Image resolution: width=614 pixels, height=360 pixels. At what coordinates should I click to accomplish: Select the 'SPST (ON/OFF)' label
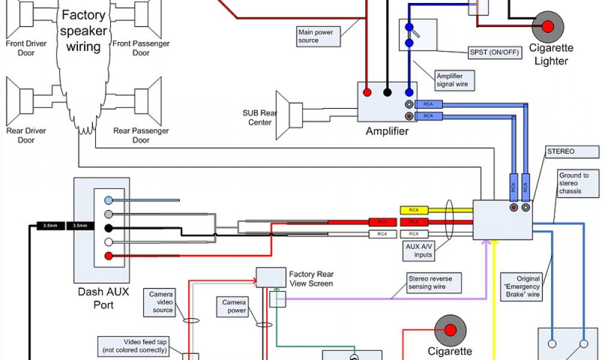tap(495, 52)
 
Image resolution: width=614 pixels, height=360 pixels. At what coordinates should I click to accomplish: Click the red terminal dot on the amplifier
tap(366, 92)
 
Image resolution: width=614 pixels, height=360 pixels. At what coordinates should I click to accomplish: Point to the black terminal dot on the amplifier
tap(388, 92)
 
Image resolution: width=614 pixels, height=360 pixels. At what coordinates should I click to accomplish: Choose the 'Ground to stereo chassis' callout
tap(578, 184)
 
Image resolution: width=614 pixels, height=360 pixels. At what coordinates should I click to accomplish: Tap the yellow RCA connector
tap(414, 211)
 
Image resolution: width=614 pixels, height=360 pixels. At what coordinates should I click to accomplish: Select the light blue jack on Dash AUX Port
tap(108, 200)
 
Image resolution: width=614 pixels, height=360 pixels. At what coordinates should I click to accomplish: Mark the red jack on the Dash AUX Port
tap(108, 256)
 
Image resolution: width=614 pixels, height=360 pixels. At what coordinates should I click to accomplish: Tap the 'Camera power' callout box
tap(234, 307)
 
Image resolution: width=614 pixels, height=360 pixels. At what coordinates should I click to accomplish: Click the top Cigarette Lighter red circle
tap(547, 26)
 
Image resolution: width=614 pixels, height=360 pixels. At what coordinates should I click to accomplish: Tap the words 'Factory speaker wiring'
tap(83, 31)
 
